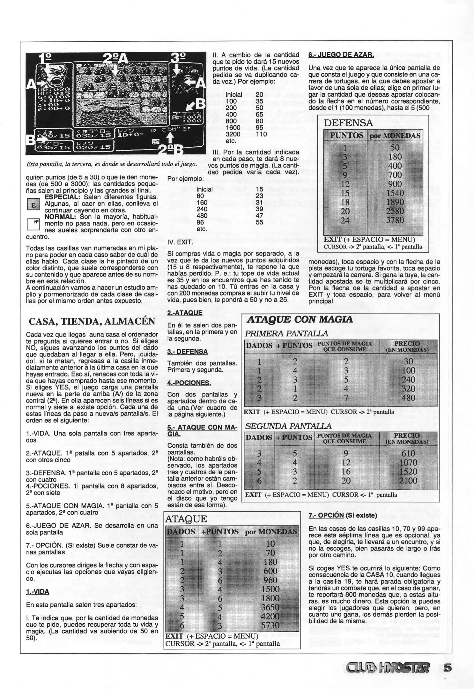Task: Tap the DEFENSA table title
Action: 348,123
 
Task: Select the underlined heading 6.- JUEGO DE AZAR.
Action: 341,55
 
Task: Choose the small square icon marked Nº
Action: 33,224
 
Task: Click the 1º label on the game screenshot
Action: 45,58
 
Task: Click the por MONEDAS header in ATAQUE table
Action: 271,532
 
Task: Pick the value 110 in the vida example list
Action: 261,134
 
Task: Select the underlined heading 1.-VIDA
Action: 38,592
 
